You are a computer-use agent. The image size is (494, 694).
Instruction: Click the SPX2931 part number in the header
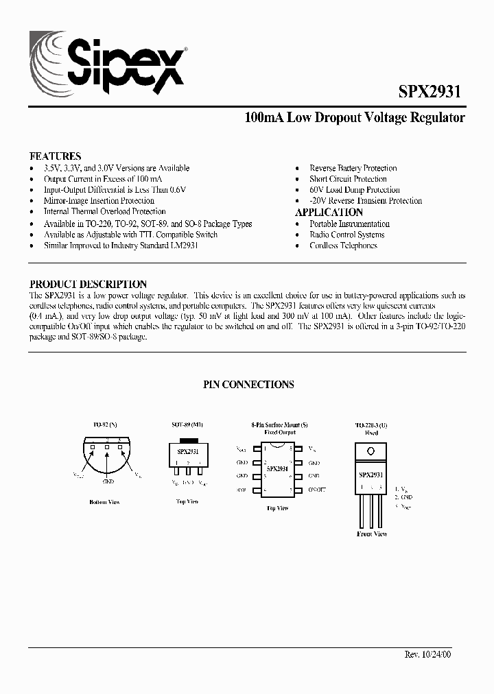pos(430,93)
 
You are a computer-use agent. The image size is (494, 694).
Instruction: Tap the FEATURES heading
pos(55,156)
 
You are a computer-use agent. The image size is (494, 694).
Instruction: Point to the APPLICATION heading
pos(329,213)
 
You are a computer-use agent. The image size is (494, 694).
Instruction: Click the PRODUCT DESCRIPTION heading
pos(88,284)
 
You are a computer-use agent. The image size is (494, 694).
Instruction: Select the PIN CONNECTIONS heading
pos(248,385)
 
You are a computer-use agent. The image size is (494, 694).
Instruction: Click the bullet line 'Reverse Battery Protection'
pos(353,168)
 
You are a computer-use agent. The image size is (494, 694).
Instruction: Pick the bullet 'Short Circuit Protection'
pos(348,179)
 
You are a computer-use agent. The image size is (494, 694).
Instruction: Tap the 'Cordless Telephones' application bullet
pos(343,246)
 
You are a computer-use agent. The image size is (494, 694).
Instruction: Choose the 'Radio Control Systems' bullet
pos(346,235)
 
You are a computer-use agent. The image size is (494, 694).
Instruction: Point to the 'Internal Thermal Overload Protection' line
pos(104,212)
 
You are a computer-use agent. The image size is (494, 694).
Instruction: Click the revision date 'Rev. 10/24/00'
pos(429,654)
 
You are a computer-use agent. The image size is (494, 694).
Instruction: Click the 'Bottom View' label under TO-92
pos(104,502)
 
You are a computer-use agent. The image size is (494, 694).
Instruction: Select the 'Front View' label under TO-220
pos(372,534)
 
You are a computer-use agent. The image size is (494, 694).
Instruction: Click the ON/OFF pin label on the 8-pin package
pos(316,490)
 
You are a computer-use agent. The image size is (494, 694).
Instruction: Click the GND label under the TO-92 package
pos(108,482)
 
